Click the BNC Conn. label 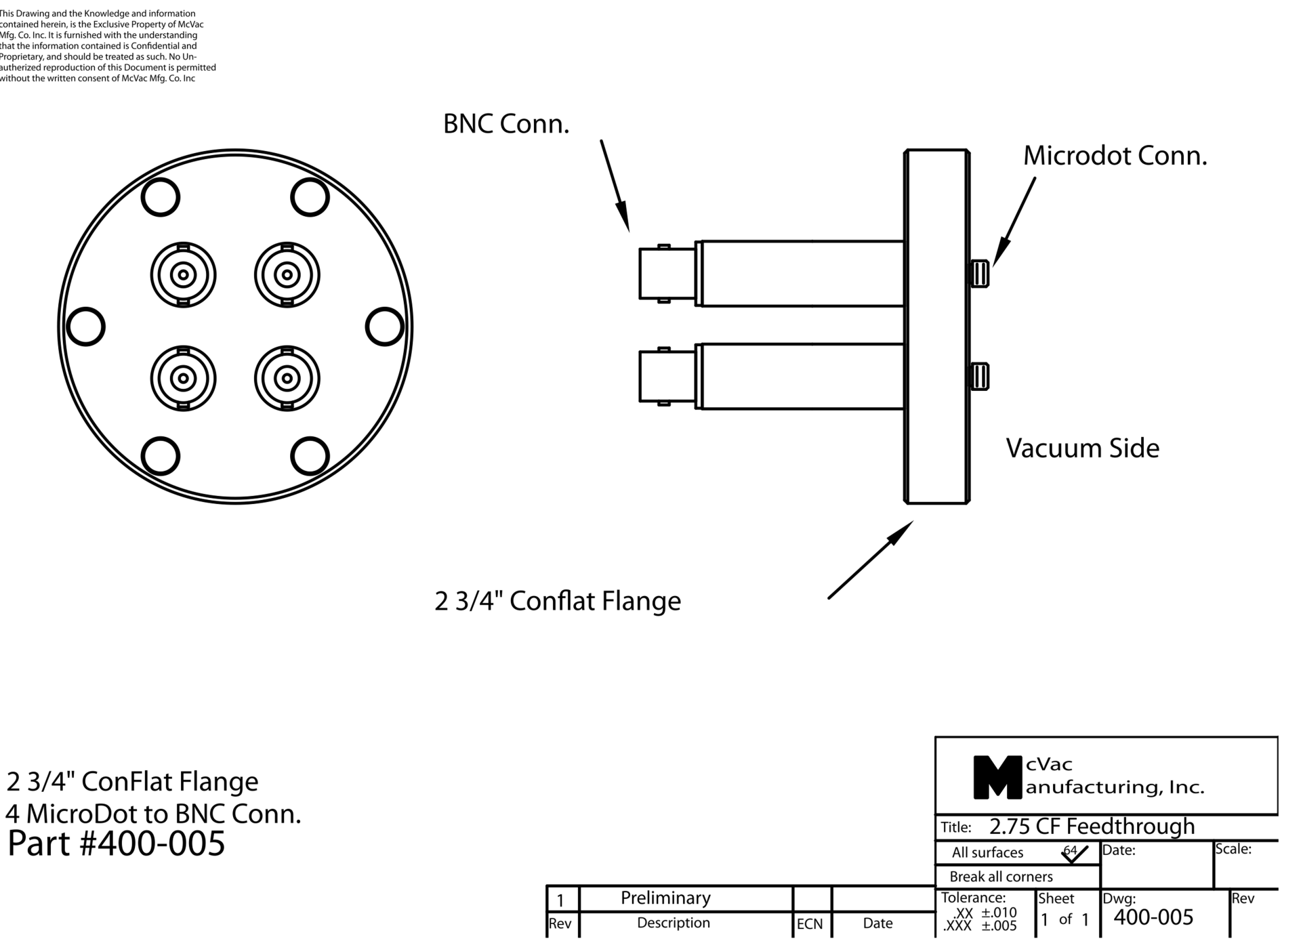(x=506, y=124)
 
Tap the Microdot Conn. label (x=1115, y=156)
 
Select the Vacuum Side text (x=1082, y=448)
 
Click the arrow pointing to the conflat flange (x=870, y=560)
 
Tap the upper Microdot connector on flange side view (x=979, y=274)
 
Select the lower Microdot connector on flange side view (x=979, y=377)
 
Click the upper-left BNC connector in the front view (x=183, y=275)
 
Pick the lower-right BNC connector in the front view (x=287, y=378)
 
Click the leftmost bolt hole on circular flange (x=86, y=327)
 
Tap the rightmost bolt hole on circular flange (x=384, y=327)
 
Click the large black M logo (x=997, y=777)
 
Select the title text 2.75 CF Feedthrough (x=1092, y=827)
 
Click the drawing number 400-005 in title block (x=1153, y=917)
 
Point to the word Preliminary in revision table (x=665, y=898)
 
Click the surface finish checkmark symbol (x=1074, y=854)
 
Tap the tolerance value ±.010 (x=999, y=913)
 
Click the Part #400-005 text (x=116, y=843)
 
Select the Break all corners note (x=1001, y=877)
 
